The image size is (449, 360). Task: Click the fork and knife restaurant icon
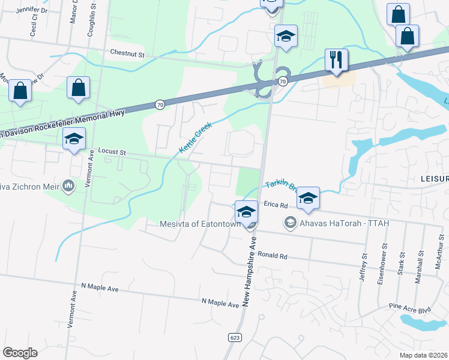click(x=336, y=59)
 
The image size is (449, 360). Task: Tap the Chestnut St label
click(x=127, y=54)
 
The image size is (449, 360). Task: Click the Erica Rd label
click(x=276, y=205)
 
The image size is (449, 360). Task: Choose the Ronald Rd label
click(x=273, y=256)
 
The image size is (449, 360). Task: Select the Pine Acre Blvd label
click(x=411, y=309)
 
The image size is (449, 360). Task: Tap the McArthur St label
click(x=439, y=263)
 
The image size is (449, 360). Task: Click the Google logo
click(x=20, y=352)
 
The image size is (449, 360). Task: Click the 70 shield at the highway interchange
click(x=282, y=80)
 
